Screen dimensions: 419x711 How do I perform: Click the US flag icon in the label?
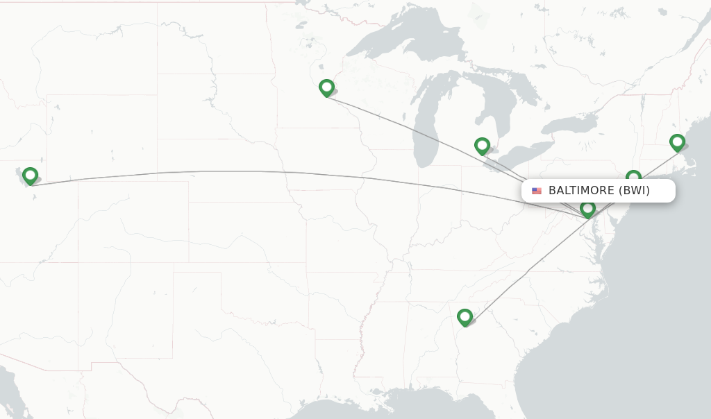[x=537, y=191]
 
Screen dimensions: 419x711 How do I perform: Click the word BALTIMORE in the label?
[x=581, y=191]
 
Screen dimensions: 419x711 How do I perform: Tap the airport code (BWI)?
[x=634, y=191]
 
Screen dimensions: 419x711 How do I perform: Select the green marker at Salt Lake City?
[x=30, y=176]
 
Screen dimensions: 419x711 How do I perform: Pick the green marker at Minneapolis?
[x=326, y=87]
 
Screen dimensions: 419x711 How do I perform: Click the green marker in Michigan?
[x=482, y=146]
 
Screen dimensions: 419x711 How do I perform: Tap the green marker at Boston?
[x=677, y=142]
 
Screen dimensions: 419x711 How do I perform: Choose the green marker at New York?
[x=633, y=177]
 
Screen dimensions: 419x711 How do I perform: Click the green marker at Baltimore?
[x=588, y=209]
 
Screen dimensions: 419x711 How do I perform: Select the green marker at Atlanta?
[x=465, y=317]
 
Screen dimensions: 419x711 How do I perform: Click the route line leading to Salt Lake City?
[x=278, y=172]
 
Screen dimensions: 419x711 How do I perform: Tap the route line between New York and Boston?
[x=656, y=160]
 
